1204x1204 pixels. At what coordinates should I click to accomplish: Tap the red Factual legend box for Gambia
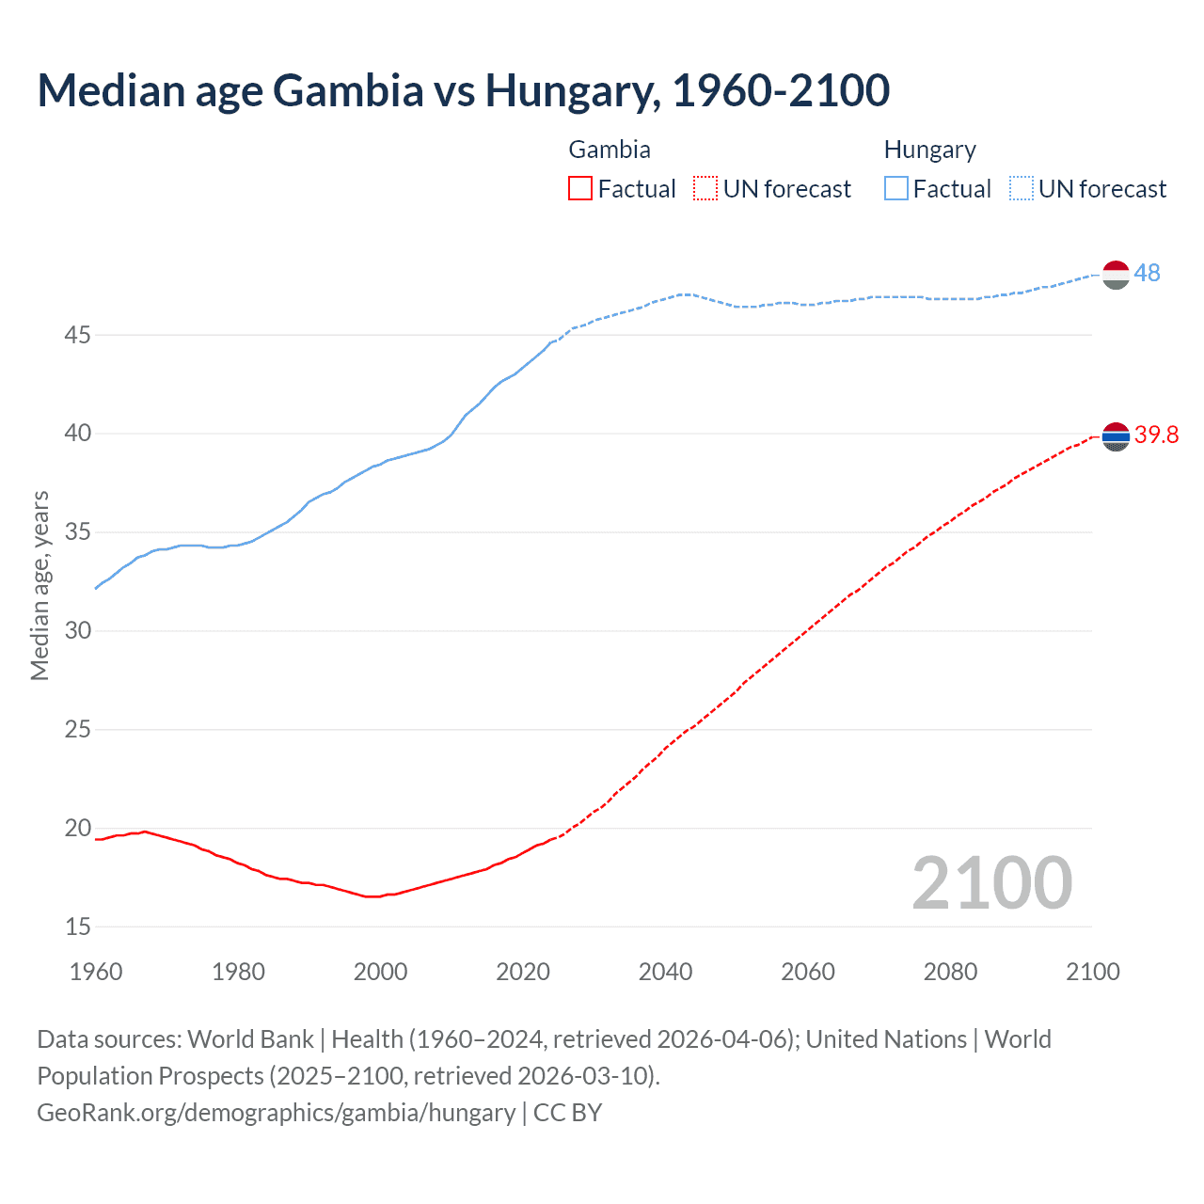point(580,189)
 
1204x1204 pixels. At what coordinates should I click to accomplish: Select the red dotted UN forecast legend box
point(705,189)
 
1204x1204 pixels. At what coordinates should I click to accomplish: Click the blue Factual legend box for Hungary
point(896,189)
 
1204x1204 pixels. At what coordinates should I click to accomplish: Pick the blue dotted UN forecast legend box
point(1022,189)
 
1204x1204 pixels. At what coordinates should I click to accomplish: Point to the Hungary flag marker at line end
point(1116,275)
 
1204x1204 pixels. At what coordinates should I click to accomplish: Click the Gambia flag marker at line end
point(1116,436)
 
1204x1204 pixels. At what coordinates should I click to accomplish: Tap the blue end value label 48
point(1147,274)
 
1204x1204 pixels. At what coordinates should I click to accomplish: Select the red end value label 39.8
point(1156,435)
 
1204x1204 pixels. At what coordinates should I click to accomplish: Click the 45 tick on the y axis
point(78,335)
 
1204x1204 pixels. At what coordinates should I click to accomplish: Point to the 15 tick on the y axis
point(78,927)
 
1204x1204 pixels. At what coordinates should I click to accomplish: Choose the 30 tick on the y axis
point(78,631)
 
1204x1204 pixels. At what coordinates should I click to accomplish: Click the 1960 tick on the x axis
point(96,972)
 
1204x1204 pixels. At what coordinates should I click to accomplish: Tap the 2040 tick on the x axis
point(665,972)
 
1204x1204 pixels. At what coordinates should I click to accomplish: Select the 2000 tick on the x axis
point(380,972)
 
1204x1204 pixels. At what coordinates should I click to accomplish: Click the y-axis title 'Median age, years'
point(40,585)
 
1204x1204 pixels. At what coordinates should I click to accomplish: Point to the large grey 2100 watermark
point(991,883)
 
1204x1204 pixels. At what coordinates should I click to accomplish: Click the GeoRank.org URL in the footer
point(276,1113)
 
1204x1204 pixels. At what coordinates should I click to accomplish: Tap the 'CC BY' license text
point(567,1113)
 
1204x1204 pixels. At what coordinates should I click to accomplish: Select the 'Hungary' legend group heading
point(929,150)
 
